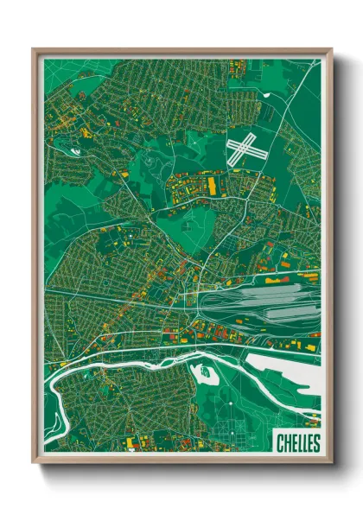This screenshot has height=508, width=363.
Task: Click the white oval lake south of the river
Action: pos(206,373)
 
